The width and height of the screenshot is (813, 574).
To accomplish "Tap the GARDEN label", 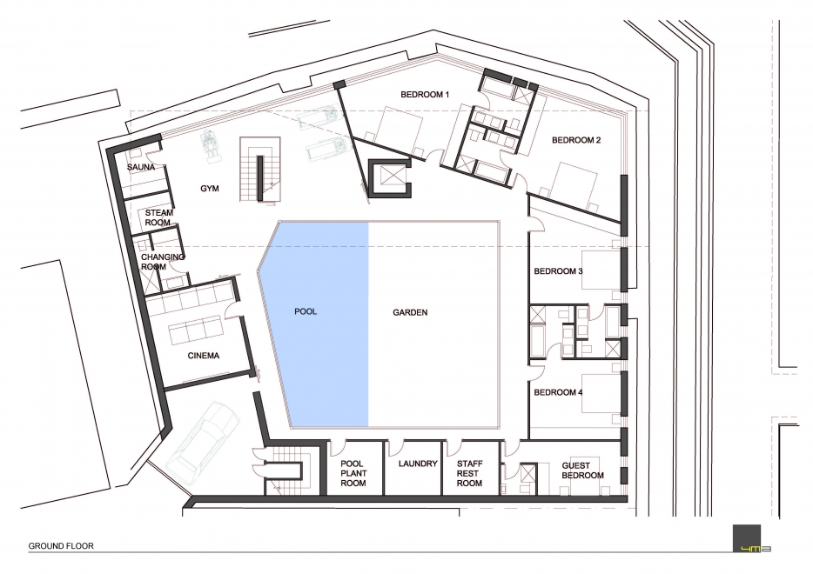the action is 410,312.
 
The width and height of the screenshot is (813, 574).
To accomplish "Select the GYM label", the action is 210,189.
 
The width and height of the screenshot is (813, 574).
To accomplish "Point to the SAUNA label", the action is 141,167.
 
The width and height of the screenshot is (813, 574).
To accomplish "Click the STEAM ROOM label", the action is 158,217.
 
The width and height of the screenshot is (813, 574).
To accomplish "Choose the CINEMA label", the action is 204,356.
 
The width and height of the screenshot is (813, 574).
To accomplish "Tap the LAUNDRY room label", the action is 418,464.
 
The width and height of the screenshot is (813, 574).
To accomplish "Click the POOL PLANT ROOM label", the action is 353,473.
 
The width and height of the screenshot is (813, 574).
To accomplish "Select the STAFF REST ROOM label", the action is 469,473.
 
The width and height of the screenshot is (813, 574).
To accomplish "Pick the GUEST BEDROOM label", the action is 583,471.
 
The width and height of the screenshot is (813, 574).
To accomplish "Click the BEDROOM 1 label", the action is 425,94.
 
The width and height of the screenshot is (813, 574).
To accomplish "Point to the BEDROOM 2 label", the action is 576,140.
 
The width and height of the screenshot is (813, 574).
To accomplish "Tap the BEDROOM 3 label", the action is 559,271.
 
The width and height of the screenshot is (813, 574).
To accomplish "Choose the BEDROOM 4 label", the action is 559,392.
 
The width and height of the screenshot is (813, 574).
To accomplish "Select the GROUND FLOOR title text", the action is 61,546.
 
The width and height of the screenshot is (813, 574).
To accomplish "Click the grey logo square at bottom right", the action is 747,538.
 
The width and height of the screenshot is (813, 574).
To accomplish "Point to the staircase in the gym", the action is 260,170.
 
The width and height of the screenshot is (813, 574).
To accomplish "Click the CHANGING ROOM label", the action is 162,262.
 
